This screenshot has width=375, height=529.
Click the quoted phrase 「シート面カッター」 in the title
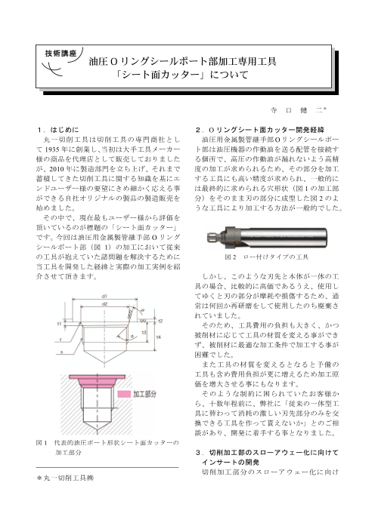tap(187, 75)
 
